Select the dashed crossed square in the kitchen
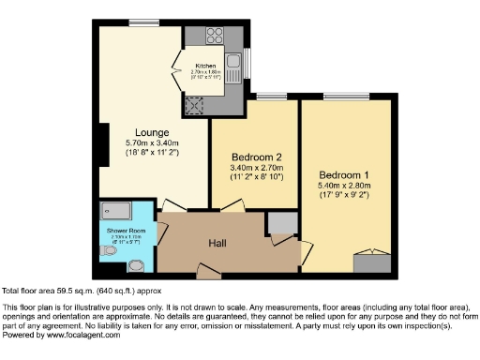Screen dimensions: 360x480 [197, 104]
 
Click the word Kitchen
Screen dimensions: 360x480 [205, 66]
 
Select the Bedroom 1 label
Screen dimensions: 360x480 [344, 175]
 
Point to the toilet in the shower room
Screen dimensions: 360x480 [104, 251]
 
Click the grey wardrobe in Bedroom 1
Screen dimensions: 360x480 [372, 262]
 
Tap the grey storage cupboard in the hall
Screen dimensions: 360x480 [278, 221]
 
